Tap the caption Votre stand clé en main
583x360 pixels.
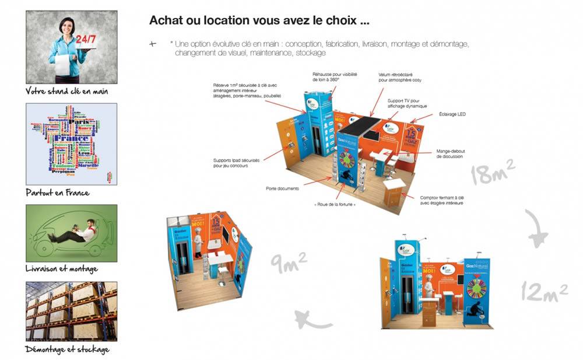coord(67,92)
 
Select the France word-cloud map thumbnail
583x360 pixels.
coord(72,144)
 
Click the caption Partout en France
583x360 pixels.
coord(58,193)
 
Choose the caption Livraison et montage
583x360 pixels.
coord(62,269)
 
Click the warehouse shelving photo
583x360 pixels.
coord(72,311)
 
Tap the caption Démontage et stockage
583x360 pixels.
coord(68,349)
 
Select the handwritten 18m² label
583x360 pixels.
coord(493,173)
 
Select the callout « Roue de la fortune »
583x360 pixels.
coord(335,205)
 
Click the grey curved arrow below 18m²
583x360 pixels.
coord(537,229)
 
